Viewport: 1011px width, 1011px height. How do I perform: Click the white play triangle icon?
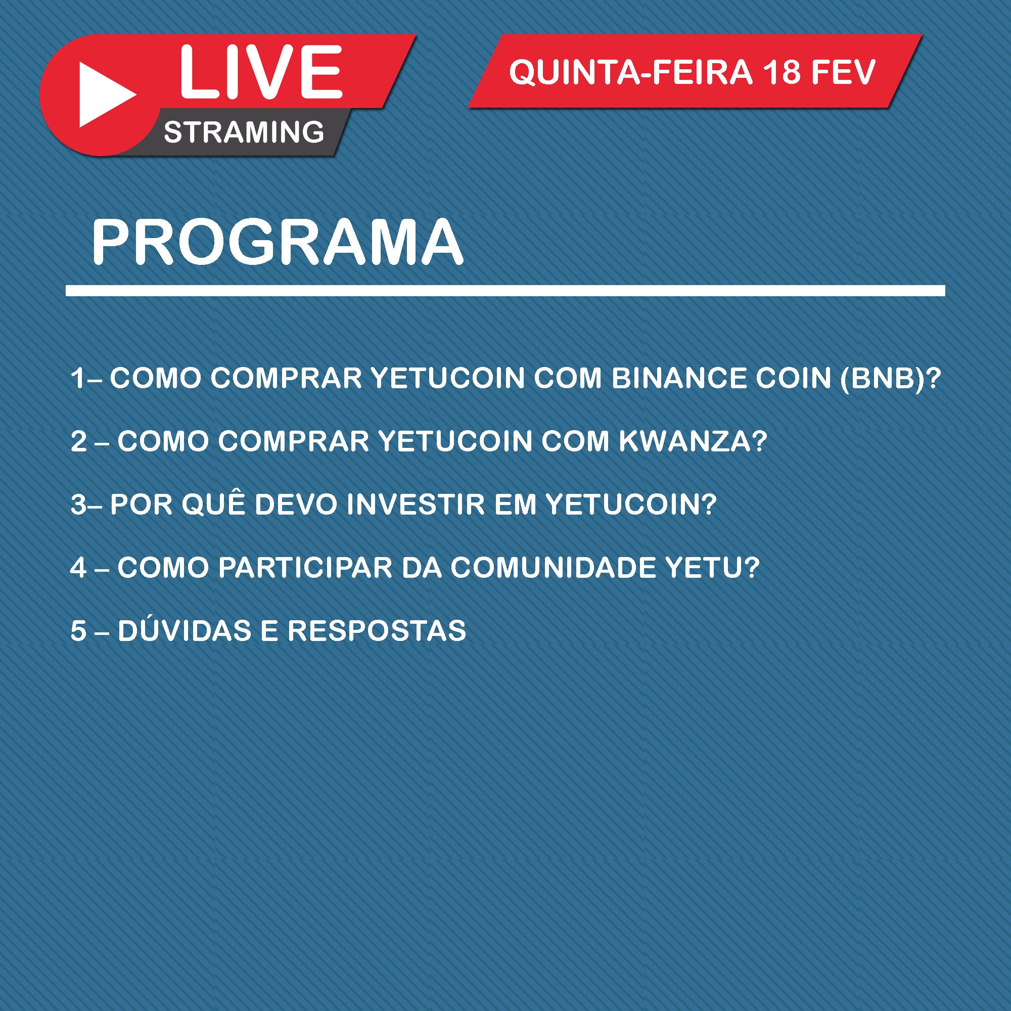(x=103, y=95)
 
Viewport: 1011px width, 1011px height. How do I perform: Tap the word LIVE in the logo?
(x=261, y=72)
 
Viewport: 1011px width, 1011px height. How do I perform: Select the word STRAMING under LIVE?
(x=244, y=132)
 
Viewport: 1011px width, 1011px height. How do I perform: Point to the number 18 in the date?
(x=782, y=72)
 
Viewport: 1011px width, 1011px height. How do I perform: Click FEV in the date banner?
(x=843, y=72)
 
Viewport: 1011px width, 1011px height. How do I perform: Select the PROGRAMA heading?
(x=278, y=242)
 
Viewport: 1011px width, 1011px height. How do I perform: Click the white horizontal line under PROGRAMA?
(x=505, y=291)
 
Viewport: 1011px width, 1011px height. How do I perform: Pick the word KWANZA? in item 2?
(x=693, y=441)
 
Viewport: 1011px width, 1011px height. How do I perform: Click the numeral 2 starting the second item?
(x=78, y=441)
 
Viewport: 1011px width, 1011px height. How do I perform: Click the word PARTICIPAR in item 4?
(x=305, y=567)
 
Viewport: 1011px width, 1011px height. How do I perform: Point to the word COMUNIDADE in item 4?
(x=553, y=567)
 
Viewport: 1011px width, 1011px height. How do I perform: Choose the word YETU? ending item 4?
(x=712, y=567)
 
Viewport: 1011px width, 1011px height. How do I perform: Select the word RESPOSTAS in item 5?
(x=377, y=630)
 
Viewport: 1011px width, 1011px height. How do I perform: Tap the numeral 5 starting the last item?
(x=78, y=630)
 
